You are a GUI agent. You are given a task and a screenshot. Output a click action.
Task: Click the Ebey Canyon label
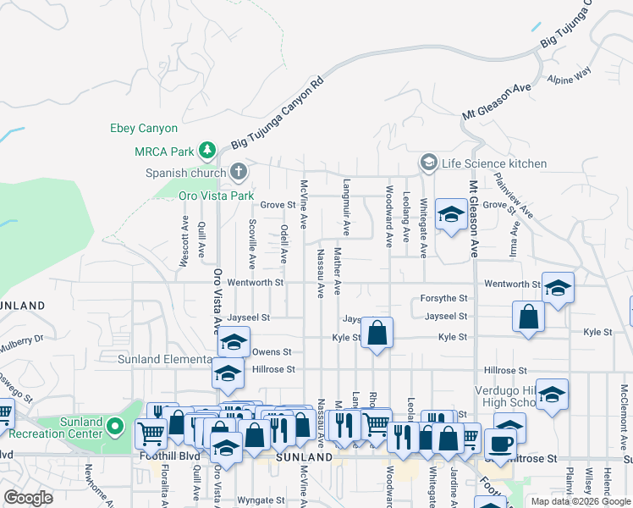(144, 129)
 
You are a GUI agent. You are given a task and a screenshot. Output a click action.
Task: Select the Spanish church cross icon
(239, 173)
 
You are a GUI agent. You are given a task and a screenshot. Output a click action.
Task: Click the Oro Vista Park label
(216, 196)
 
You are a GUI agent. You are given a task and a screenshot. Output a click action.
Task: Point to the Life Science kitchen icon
(429, 163)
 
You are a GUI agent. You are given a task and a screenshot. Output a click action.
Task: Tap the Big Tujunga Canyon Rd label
(278, 116)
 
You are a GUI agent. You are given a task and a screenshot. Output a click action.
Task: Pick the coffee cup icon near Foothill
(500, 443)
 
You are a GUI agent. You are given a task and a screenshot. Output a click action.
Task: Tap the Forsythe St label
(445, 299)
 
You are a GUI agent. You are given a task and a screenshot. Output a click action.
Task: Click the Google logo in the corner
(28, 497)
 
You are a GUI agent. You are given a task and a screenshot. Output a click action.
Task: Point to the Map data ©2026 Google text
(581, 501)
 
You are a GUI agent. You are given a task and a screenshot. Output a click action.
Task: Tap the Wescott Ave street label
(184, 241)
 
